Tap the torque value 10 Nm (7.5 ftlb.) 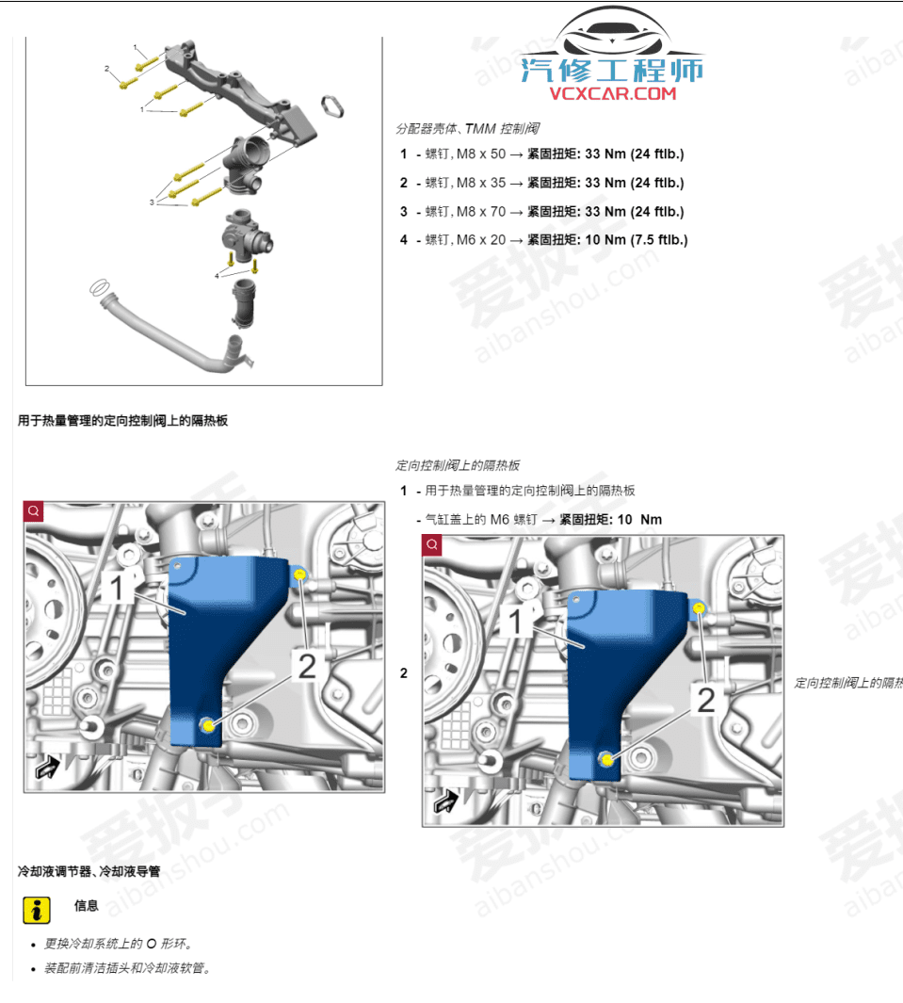(637, 240)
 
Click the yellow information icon (36, 910)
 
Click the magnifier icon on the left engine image (34, 511)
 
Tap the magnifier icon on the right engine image (432, 545)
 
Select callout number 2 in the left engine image (307, 667)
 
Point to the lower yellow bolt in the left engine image (207, 724)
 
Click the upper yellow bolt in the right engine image (699, 608)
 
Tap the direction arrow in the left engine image (44, 768)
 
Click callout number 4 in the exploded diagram (217, 275)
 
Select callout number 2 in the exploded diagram (107, 68)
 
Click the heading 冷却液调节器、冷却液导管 (89, 872)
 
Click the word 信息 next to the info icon (87, 906)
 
